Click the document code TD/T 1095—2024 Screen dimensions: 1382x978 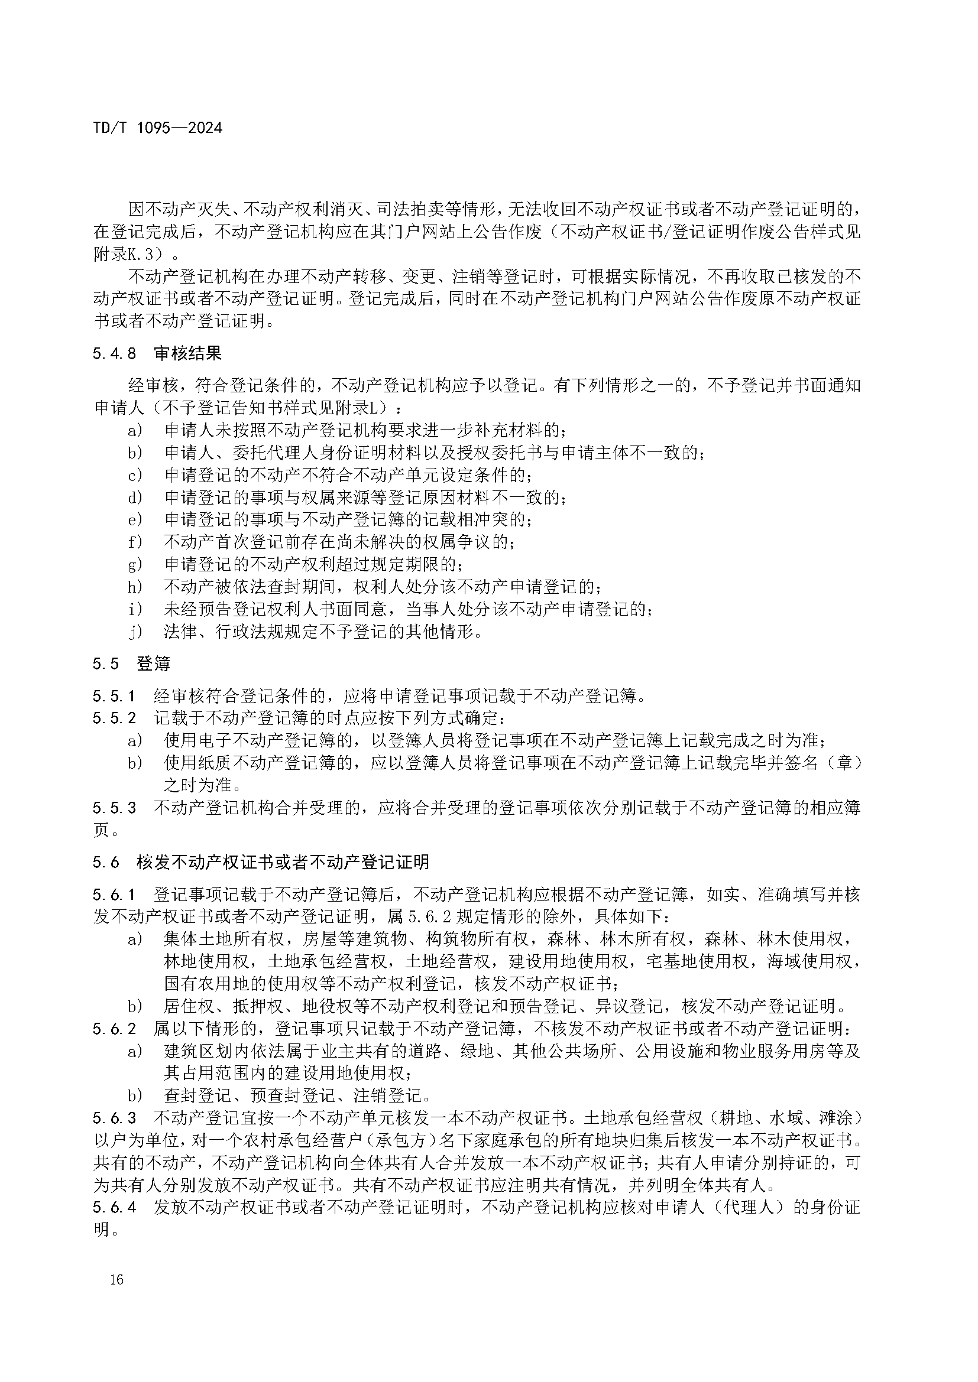point(158,128)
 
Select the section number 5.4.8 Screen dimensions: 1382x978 point(115,353)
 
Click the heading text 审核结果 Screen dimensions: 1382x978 point(188,353)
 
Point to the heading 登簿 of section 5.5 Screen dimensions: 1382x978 point(154,664)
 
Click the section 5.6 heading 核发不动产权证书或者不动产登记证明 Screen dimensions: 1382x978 point(283,863)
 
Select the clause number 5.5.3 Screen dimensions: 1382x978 point(115,808)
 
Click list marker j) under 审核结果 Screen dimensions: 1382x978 point(135,632)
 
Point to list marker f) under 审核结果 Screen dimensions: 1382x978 point(135,542)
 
